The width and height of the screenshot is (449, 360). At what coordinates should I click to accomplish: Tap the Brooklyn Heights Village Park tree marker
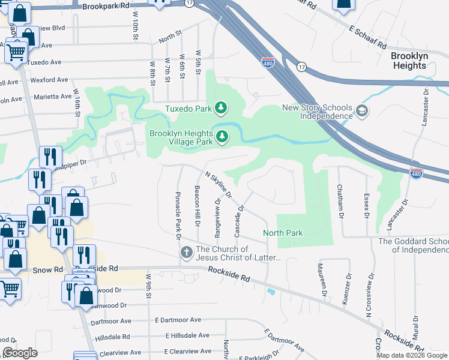(x=222, y=137)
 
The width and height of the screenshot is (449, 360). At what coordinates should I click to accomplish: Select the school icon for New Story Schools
(x=362, y=111)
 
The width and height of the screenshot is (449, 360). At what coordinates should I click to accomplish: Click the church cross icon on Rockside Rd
(x=186, y=253)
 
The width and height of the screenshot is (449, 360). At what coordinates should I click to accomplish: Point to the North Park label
(x=283, y=233)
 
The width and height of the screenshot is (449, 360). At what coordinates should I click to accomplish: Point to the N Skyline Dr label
(x=218, y=184)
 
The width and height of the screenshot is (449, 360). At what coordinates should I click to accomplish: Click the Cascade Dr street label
(x=239, y=221)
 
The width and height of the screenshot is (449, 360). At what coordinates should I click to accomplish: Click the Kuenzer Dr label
(x=346, y=289)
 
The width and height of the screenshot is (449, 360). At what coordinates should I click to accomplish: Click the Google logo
(x=20, y=353)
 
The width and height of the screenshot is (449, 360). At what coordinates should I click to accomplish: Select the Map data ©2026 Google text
(x=411, y=355)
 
